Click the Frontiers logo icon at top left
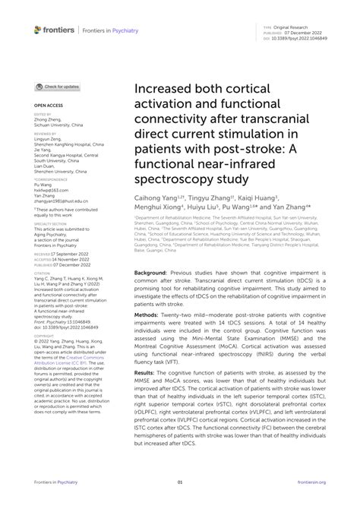pos(38,29)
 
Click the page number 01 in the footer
pos(180,481)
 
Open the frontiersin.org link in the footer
pos(311,481)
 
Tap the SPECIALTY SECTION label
pos(49,226)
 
